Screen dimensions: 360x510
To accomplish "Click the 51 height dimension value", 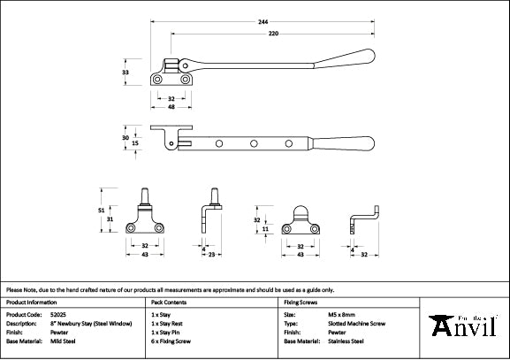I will coord(102,209).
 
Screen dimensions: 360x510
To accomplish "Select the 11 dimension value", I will coord(266,228).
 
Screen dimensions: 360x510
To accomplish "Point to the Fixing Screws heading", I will coord(299,302).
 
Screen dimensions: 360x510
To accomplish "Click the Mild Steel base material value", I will coord(64,341).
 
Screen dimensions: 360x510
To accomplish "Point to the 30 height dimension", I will coord(126,138).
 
